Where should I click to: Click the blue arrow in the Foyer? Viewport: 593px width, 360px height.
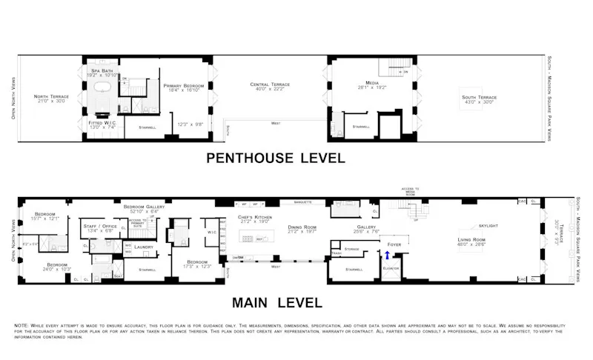point(387,256)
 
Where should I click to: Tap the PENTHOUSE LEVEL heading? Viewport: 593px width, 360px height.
point(275,158)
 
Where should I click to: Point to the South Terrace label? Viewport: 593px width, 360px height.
point(478,97)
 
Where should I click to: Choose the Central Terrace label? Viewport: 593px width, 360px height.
point(270,84)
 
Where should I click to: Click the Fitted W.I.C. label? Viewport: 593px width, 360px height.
point(101,122)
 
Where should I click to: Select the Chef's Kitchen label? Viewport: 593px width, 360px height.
point(255,217)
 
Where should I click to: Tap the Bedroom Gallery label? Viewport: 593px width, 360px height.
point(144,207)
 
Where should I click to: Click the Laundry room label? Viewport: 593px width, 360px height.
point(144,247)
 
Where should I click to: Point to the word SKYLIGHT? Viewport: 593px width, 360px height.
point(488,224)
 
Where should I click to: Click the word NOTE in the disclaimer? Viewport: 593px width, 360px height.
point(23,325)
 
